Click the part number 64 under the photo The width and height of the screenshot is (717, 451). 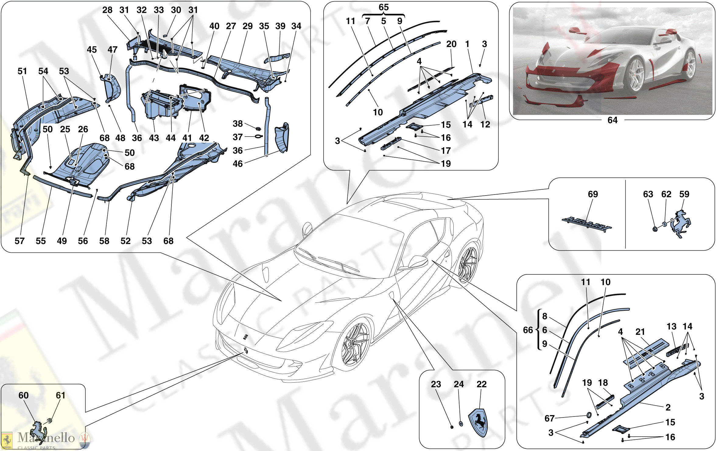(612, 120)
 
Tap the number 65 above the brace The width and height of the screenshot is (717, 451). (384, 7)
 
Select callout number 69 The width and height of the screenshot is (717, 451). (593, 194)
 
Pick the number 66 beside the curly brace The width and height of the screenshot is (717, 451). (528, 330)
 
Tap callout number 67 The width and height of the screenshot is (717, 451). (549, 418)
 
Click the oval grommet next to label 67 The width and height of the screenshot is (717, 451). (589, 415)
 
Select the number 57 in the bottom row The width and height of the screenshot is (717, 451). (19, 241)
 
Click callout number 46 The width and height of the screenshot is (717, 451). (238, 164)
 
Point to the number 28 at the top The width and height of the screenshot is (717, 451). (107, 10)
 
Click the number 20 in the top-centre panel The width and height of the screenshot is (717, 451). (451, 44)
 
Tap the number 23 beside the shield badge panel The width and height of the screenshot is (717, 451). (436, 384)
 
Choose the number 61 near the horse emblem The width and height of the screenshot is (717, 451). (61, 396)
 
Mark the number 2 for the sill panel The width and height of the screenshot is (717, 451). (668, 407)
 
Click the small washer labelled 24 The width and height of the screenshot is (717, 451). (461, 424)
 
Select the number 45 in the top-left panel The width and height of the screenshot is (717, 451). (92, 50)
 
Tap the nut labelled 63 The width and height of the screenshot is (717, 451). (655, 229)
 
